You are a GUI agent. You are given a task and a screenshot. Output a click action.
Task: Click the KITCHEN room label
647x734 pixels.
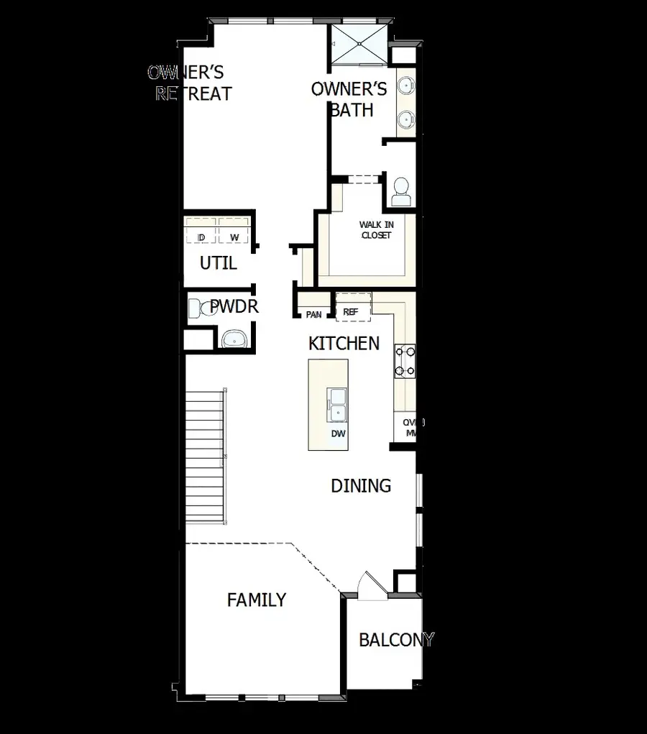(344, 344)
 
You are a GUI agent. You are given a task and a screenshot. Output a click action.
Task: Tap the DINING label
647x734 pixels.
(361, 486)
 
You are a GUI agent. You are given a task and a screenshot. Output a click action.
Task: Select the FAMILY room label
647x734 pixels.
(257, 600)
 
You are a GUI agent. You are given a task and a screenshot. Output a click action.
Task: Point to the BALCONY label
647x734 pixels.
(396, 640)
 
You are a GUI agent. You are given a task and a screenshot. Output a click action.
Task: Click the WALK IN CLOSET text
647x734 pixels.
(376, 229)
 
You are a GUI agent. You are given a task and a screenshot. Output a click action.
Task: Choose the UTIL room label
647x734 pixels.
(218, 263)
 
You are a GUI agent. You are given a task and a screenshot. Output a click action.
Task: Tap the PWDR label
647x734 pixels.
(234, 307)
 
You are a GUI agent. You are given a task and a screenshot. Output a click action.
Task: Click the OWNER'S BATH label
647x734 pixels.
(349, 99)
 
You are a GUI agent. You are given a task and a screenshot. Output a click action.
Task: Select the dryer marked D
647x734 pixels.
(201, 237)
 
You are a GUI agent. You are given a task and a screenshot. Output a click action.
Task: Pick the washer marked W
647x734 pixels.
(234, 237)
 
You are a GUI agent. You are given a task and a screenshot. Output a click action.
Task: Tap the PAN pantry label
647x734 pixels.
(313, 314)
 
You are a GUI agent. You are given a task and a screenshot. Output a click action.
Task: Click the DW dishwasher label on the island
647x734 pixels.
(338, 433)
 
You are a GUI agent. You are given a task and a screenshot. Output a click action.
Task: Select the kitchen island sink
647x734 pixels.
(336, 404)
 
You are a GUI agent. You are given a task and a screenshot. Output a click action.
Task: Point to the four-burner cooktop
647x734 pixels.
(403, 361)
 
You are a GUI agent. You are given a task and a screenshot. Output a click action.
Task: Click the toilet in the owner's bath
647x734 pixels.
(400, 191)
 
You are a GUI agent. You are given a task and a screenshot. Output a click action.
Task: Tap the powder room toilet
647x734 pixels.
(201, 310)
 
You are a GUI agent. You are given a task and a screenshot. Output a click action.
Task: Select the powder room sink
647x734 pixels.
(234, 339)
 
